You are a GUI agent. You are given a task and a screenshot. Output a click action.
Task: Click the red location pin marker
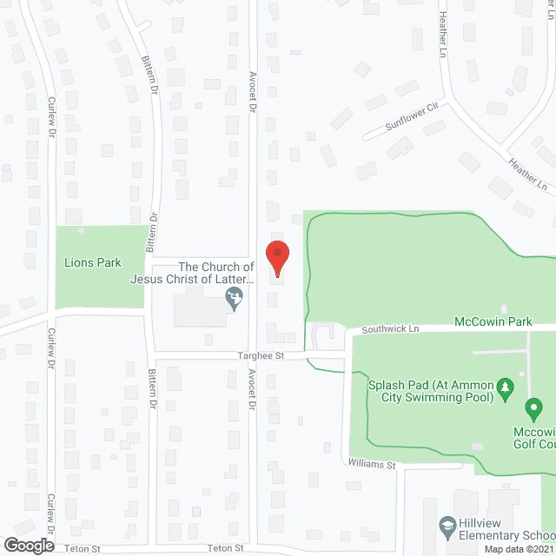pos(276,258)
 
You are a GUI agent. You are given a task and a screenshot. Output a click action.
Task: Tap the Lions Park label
pos(93,262)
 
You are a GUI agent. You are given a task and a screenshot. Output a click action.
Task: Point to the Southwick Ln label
pos(390,329)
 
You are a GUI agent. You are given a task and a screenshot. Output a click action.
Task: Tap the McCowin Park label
pos(493,321)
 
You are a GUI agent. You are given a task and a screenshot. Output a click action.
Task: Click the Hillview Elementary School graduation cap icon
pos(447,526)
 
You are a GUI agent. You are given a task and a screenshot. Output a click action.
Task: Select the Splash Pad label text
pos(430,385)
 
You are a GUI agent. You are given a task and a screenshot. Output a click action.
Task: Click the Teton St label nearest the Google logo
pos(83,548)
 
